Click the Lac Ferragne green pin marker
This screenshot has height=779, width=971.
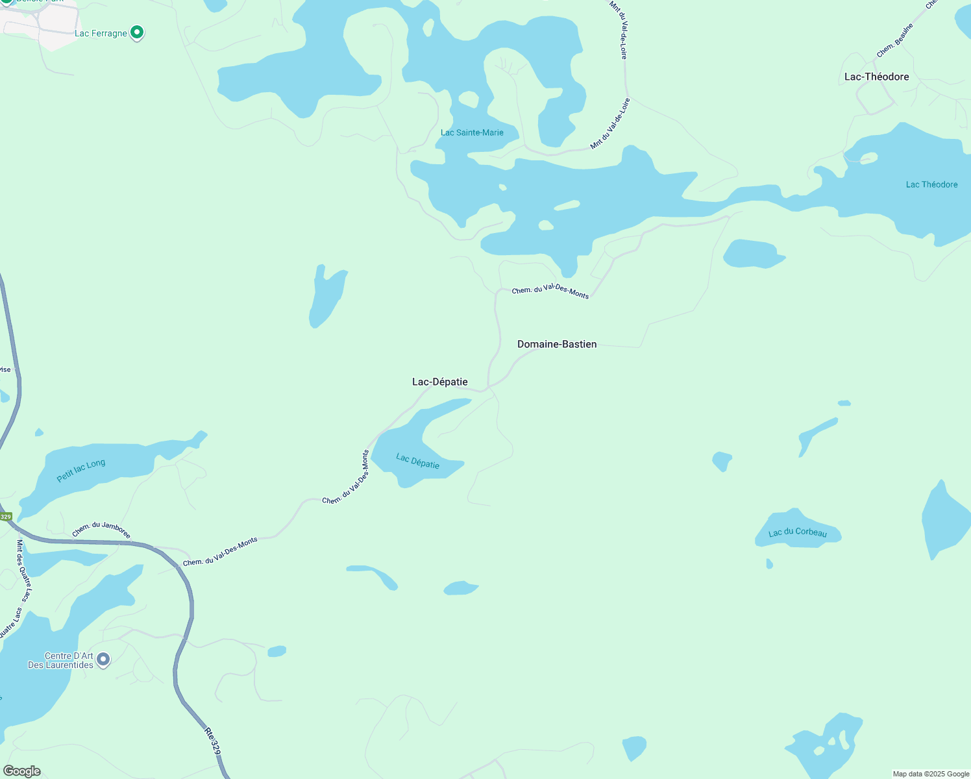click(137, 32)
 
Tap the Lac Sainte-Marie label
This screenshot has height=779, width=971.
click(472, 132)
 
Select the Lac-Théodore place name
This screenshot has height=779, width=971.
click(876, 77)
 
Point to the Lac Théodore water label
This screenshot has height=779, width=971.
click(931, 184)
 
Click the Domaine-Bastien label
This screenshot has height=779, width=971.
click(557, 344)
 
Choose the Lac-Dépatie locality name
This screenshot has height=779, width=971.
click(440, 382)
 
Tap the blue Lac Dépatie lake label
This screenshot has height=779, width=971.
click(418, 461)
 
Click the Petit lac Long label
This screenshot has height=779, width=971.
click(80, 471)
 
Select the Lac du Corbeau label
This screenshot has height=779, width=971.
click(798, 532)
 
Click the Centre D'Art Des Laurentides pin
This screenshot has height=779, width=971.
click(103, 660)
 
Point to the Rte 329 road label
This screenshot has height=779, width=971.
click(212, 741)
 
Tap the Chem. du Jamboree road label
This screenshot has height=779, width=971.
click(101, 530)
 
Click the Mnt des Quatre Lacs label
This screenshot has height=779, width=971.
click(24, 570)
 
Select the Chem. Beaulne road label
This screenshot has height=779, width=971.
click(895, 40)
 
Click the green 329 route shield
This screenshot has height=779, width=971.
click(5, 517)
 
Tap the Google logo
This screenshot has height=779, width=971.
click(22, 771)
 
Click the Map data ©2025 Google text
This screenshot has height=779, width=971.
click(931, 774)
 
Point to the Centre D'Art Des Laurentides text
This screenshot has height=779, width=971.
click(61, 660)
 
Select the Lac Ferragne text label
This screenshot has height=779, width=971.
click(101, 33)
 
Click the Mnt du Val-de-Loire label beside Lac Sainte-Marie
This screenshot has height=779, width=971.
click(610, 124)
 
